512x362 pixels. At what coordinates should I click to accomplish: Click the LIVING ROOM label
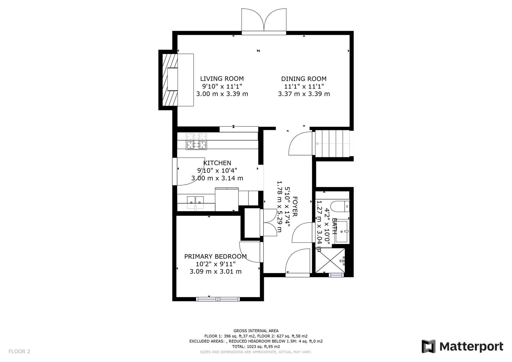[222, 79]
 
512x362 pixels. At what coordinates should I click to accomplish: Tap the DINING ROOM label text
[304, 79]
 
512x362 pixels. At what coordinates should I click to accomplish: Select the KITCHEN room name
[217, 163]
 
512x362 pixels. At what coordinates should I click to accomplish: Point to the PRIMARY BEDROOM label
[215, 256]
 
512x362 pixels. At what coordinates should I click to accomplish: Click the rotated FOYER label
[295, 206]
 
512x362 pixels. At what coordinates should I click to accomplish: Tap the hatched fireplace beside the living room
[170, 80]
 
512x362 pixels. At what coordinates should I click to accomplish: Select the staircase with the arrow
[332, 144]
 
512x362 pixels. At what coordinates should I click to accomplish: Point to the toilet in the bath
[340, 206]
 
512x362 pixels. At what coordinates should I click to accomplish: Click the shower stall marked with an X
[330, 260]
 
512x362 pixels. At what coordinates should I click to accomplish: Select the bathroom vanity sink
[341, 231]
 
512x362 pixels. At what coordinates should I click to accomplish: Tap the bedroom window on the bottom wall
[218, 299]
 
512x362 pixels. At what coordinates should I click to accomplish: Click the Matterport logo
[462, 346]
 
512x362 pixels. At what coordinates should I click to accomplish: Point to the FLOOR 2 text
[19, 351]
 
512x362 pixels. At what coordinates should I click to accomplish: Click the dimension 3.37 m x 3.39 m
[304, 94]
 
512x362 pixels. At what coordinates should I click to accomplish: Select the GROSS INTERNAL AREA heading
[256, 331]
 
